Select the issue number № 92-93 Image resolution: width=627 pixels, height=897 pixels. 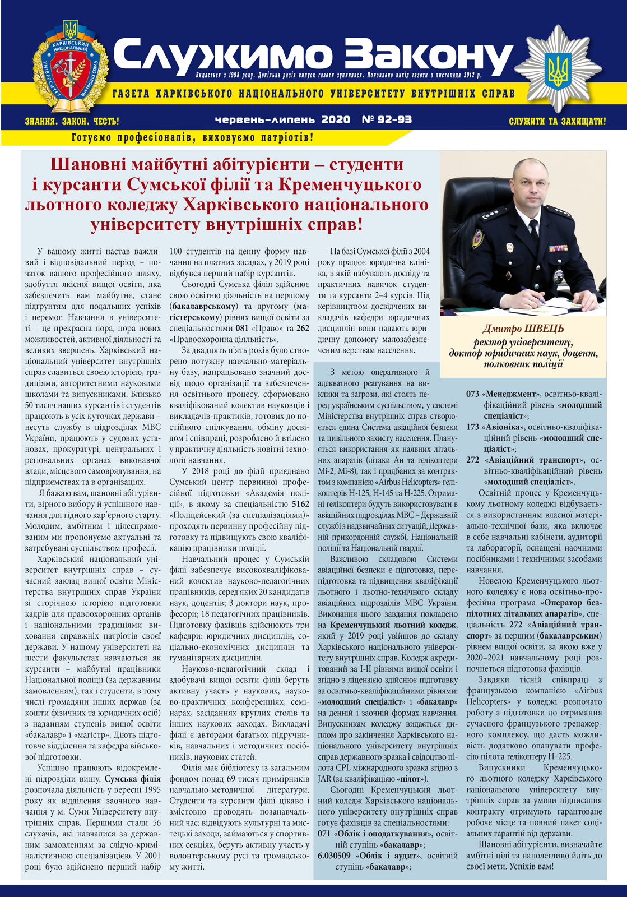[x=387, y=119]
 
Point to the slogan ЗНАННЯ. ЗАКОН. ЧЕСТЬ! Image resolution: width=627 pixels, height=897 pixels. [x=72, y=121]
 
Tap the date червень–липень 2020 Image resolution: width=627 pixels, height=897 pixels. [x=282, y=119]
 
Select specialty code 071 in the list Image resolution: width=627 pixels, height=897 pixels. [x=324, y=834]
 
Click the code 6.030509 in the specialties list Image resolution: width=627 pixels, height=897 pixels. [x=334, y=856]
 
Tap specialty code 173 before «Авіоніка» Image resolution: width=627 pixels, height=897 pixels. [x=473, y=427]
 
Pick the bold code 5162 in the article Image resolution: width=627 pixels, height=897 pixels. [x=300, y=504]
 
